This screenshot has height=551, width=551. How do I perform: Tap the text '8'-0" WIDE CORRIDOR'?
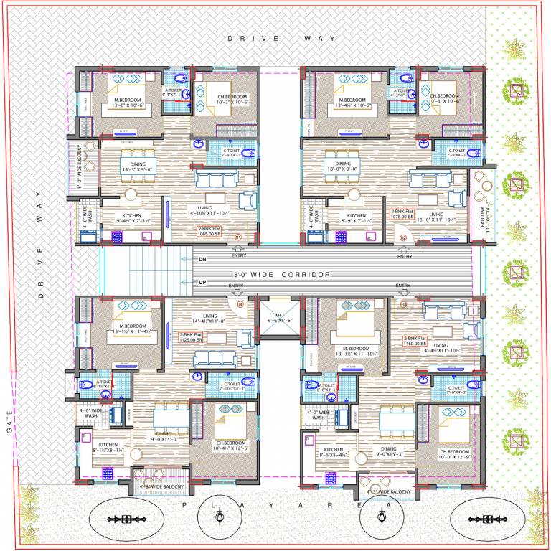[x=282, y=275]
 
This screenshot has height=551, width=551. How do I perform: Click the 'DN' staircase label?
[x=203, y=260]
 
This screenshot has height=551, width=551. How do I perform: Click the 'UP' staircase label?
[x=203, y=283]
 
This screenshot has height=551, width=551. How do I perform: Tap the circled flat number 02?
[x=403, y=237]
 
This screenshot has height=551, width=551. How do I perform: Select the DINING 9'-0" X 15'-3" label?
[x=388, y=453]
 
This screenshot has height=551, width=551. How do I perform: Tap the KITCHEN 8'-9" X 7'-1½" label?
[x=357, y=218]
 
